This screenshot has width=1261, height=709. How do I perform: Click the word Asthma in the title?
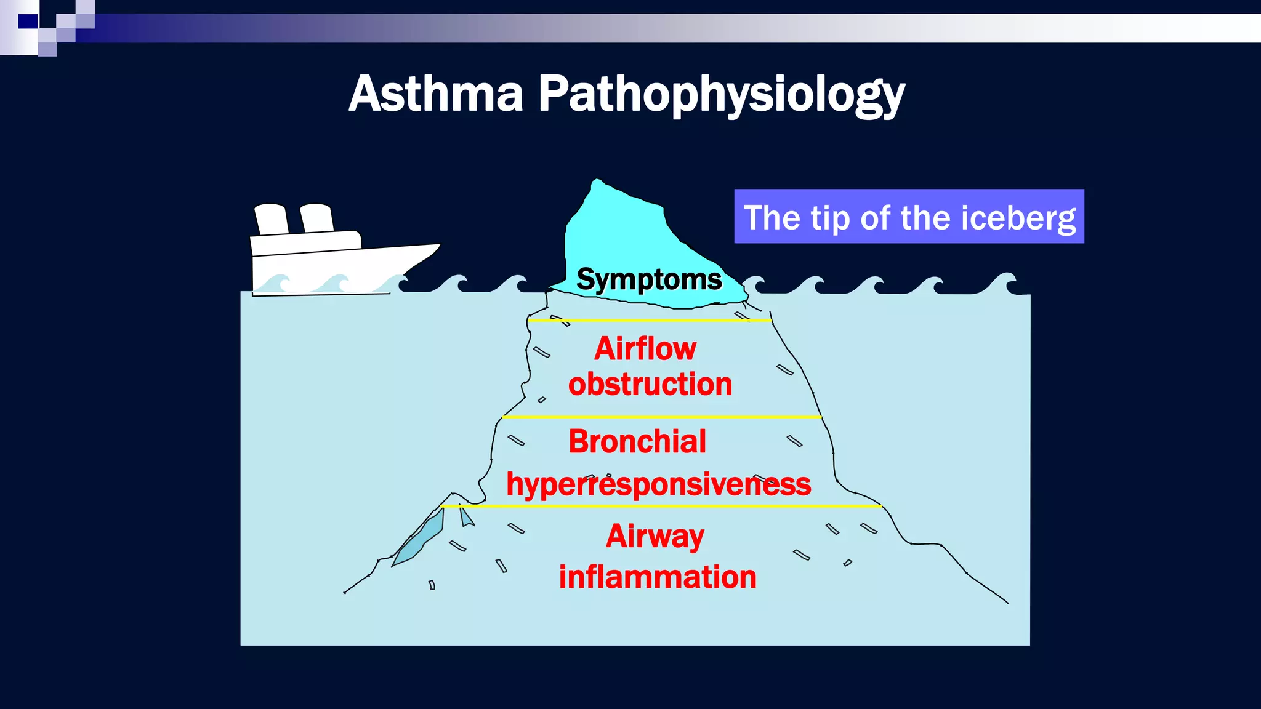click(436, 94)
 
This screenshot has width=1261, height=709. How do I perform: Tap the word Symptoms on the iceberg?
click(649, 279)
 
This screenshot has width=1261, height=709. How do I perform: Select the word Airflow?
click(645, 349)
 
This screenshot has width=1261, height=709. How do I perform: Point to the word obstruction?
click(650, 385)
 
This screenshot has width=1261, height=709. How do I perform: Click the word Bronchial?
click(637, 442)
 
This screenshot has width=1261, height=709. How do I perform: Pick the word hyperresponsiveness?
click(658, 484)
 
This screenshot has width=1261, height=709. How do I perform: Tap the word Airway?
click(655, 536)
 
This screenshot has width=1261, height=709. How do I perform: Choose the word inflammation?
click(657, 577)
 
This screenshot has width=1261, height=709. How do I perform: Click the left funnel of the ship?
click(271, 219)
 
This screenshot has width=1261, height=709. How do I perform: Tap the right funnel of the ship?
click(316, 218)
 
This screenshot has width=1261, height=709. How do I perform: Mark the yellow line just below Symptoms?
click(650, 321)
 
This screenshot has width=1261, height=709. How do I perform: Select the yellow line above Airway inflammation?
click(660, 506)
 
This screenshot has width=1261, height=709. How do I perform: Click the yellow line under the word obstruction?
click(662, 417)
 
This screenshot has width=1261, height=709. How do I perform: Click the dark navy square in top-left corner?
click(28, 22)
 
